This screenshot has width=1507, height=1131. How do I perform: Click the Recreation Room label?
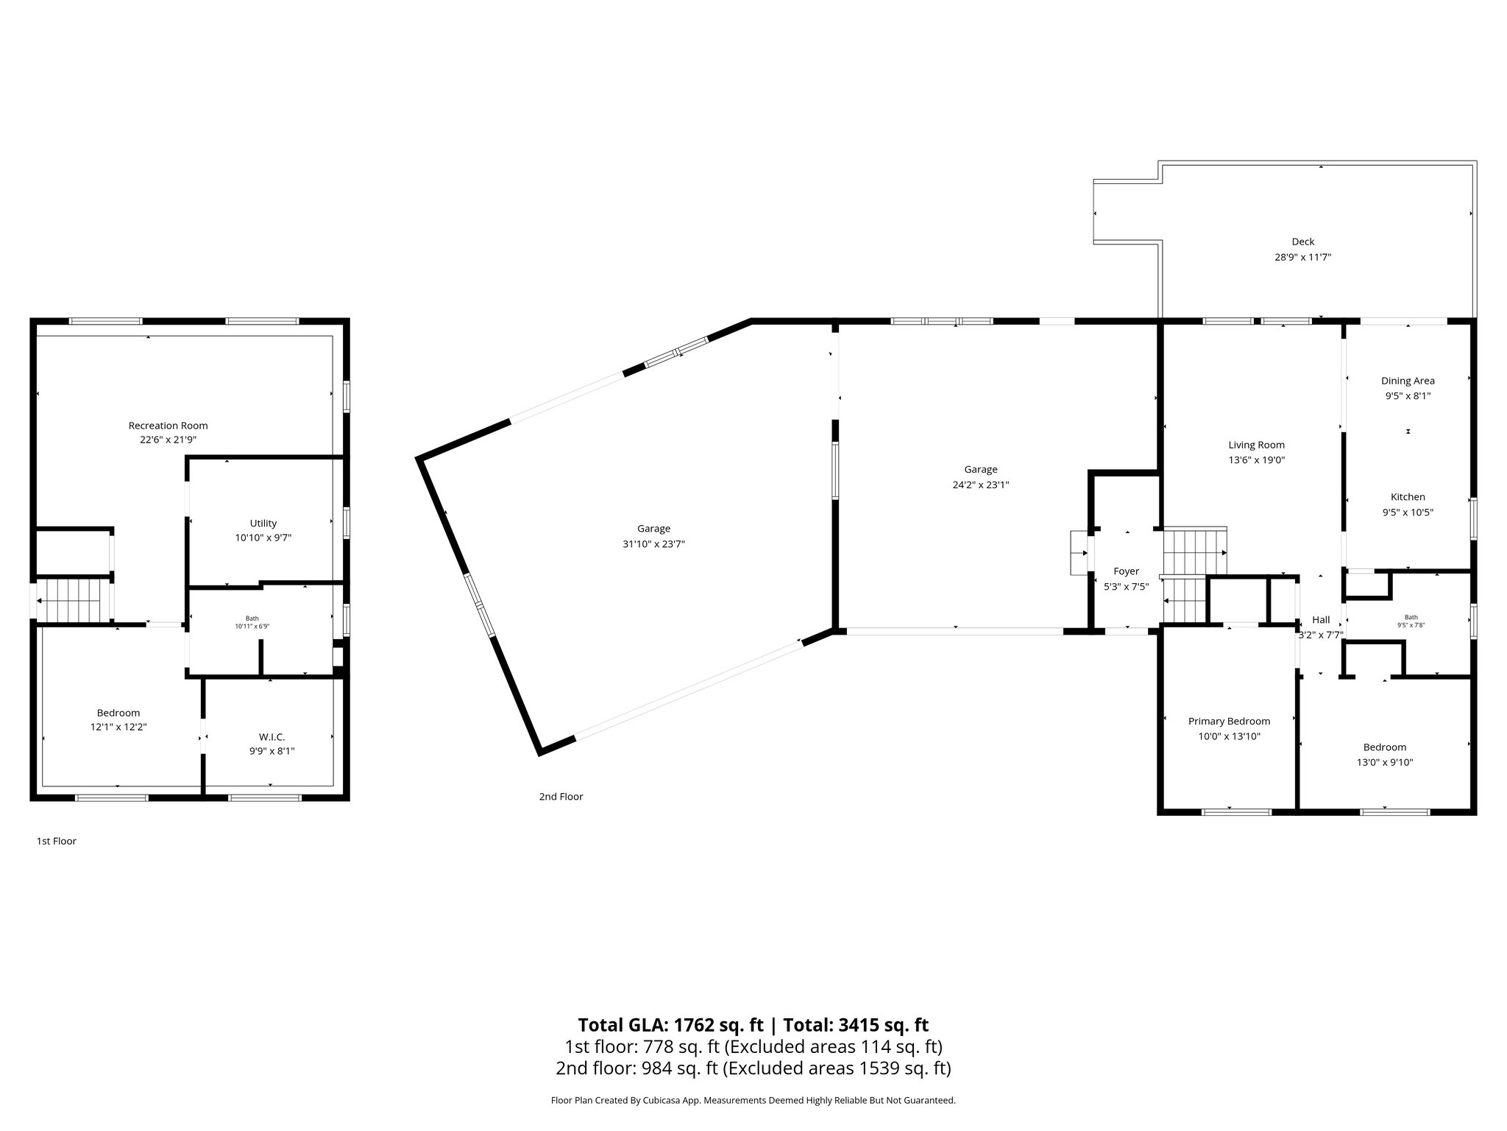168,426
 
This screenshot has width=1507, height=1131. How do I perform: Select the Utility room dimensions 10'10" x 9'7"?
263,538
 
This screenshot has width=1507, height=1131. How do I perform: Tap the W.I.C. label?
272,737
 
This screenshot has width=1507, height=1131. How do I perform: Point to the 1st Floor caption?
57,841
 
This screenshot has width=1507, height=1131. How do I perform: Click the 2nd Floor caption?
561,797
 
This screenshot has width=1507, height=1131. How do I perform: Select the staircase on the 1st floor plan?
69,600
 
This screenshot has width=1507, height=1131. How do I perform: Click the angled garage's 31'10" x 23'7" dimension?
653,544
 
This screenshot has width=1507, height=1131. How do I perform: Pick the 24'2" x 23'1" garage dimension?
981,485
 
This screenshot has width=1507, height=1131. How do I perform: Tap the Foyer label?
1126,571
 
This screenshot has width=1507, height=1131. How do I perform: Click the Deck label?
1302,242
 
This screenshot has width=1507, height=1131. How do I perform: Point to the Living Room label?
1256,445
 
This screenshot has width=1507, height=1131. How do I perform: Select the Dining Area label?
1407,381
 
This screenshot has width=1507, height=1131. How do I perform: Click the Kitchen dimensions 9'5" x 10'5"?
1407,512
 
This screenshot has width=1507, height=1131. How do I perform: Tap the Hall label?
1321,620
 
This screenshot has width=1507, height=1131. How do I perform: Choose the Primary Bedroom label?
1229,721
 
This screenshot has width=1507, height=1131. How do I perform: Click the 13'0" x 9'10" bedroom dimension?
1384,763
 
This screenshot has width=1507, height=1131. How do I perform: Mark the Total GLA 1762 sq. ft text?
670,1025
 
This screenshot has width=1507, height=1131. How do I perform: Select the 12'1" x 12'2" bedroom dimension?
118,727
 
